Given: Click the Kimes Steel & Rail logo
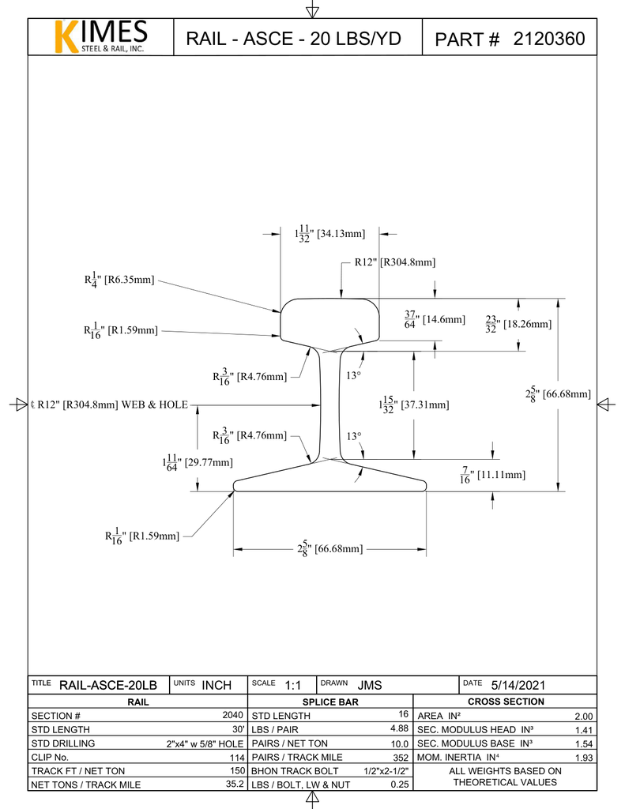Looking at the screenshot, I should [x=100, y=37].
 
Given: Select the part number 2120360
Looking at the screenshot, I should [x=549, y=39].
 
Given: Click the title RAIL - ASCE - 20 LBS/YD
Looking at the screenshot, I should [x=293, y=39].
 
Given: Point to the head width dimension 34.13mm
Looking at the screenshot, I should [x=329, y=234].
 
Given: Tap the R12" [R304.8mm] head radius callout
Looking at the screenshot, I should [x=394, y=262].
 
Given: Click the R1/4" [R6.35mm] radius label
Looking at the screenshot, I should [x=119, y=279].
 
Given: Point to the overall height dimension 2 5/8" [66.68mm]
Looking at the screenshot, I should [x=558, y=393].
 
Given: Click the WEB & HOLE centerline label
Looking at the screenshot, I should [x=110, y=404].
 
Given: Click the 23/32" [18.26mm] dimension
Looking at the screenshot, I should [x=518, y=323].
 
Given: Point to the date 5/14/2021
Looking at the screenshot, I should [x=518, y=685].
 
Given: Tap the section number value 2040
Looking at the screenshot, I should [x=232, y=715].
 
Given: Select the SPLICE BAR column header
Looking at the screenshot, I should [x=330, y=702].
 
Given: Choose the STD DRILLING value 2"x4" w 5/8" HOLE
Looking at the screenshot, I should [x=205, y=744].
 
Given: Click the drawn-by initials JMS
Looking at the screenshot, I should [x=370, y=685].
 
